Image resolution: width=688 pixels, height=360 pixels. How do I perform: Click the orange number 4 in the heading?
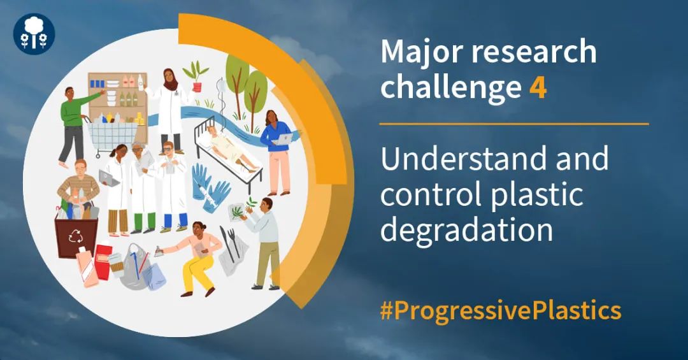(538, 87)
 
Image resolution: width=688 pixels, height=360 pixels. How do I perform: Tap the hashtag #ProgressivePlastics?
(501, 311)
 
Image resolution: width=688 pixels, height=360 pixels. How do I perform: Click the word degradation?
(466, 230)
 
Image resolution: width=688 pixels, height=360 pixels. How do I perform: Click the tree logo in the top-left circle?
(34, 33)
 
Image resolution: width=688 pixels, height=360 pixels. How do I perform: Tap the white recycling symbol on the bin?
(75, 236)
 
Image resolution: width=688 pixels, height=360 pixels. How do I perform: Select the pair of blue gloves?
(210, 189)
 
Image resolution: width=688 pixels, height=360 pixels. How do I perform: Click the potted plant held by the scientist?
(196, 76)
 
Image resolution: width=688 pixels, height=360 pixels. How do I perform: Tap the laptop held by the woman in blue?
(283, 140)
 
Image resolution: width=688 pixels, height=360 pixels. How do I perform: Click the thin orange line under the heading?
(514, 124)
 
